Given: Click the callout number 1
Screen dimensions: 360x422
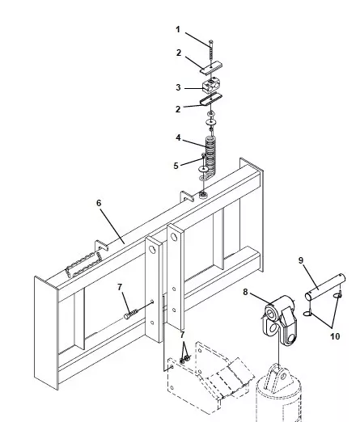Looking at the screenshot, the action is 178,29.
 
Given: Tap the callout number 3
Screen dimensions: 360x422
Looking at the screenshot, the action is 178,87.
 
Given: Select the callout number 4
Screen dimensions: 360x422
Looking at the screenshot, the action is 178,137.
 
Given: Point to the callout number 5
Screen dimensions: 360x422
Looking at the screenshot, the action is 176,166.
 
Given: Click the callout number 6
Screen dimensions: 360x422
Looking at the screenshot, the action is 99,203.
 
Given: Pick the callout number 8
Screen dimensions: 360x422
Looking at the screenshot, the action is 245,292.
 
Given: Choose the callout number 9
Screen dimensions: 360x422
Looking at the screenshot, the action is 301,260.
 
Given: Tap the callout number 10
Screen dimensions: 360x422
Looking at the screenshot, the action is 335,336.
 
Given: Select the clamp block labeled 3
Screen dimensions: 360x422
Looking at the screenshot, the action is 210,85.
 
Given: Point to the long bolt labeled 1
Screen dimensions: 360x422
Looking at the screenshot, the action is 211,52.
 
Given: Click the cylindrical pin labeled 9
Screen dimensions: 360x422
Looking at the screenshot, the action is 325,288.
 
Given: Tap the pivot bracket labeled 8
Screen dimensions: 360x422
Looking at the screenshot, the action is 280,320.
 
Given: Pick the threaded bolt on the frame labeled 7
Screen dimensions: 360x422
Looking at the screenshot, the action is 132,314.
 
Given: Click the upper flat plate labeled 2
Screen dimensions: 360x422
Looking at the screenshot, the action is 211,68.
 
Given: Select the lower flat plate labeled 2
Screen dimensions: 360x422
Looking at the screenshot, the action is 211,99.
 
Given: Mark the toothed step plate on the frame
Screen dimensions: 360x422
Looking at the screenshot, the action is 84,264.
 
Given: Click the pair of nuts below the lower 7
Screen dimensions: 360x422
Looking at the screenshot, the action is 184,359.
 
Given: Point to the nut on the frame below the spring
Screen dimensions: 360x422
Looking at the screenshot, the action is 203,194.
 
